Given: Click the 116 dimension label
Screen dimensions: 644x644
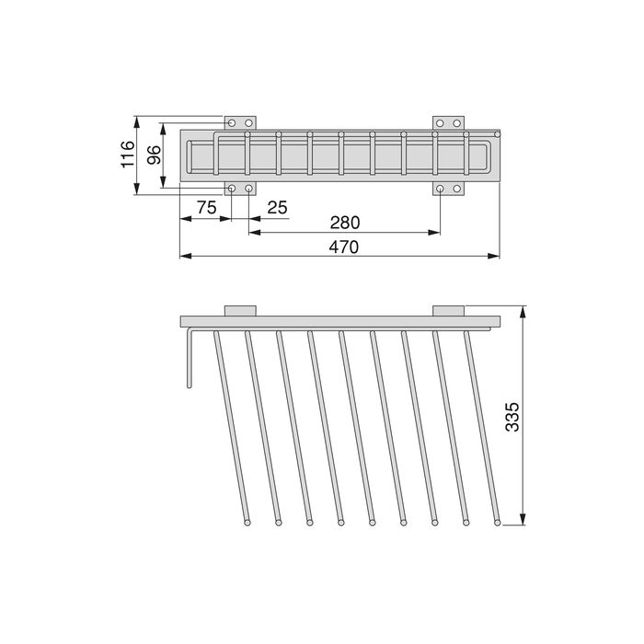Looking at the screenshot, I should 128,155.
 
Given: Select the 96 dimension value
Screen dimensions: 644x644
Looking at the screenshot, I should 154,155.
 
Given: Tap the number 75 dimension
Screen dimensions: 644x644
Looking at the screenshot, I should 206,208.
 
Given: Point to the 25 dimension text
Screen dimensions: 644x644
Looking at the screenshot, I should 277,208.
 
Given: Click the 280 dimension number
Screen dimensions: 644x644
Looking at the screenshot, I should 344,223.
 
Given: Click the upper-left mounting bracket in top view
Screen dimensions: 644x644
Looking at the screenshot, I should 241,122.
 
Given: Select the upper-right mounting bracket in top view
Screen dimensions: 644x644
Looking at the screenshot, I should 449,122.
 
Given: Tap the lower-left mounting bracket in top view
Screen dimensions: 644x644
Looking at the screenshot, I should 241,189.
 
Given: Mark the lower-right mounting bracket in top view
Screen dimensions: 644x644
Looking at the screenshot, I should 449,189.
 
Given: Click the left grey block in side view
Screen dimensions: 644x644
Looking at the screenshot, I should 240,310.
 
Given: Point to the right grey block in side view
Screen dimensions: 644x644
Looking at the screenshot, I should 449,310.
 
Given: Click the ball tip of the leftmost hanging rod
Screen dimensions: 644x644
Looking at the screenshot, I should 247,523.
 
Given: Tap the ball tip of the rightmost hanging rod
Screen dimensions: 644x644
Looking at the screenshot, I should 498,523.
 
